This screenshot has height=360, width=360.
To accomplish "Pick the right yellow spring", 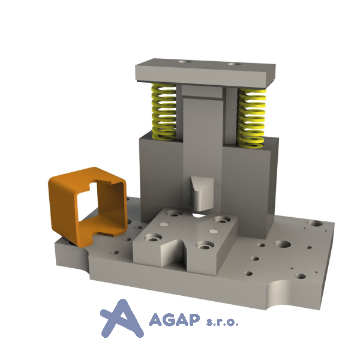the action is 252,118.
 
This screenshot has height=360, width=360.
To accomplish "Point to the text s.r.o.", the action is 222,322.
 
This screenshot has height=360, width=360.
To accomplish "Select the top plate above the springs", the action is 205,73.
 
